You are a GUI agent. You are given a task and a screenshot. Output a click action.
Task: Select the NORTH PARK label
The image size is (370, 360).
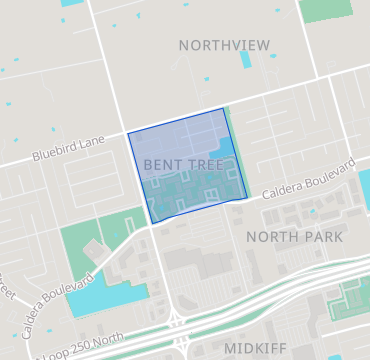[x=294, y=237]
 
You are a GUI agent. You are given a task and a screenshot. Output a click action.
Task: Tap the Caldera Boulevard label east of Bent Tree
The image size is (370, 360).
[x=309, y=178]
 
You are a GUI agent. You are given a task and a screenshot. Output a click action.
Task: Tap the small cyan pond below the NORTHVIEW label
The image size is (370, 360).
[x=246, y=59]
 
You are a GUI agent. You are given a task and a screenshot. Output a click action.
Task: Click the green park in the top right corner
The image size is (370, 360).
[x=326, y=10]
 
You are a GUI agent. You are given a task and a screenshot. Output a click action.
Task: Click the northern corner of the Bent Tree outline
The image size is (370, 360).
[x=223, y=109]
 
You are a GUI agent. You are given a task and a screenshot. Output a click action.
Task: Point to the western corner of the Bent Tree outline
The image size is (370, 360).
[x=128, y=133]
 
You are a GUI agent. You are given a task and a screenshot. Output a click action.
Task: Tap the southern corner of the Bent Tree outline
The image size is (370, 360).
[x=150, y=223]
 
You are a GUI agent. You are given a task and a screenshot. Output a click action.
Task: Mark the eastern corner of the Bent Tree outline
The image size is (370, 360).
[x=246, y=197]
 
